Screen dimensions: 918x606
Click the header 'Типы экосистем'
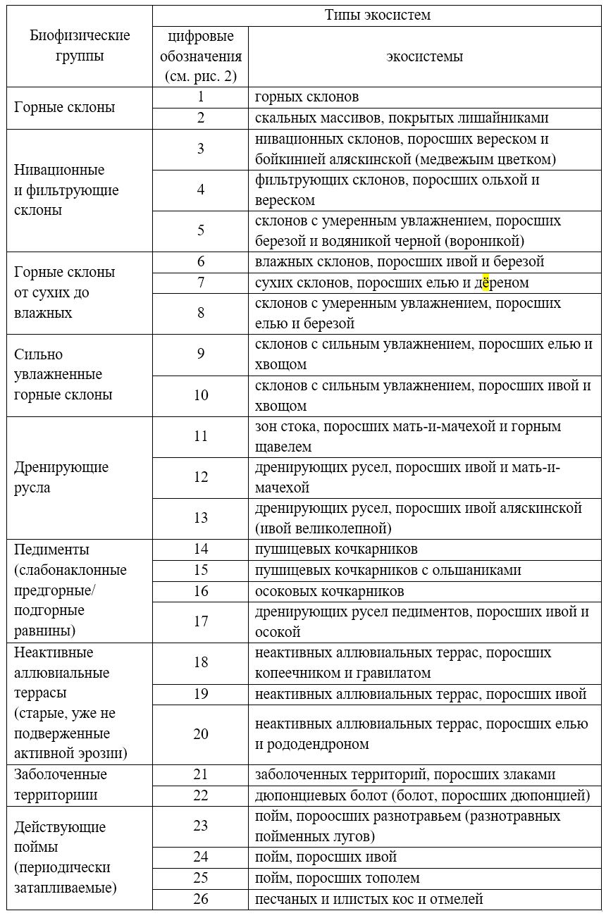pos(377,15)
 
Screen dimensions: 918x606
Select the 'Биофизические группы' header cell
pos(80,46)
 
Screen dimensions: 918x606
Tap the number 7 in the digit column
pos(201,283)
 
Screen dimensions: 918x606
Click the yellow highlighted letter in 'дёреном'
pos(486,283)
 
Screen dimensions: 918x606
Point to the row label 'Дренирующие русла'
pos(61,477)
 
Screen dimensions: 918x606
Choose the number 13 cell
pos(201,518)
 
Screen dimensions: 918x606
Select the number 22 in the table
pos(201,795)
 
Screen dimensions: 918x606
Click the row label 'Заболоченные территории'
pos(61,785)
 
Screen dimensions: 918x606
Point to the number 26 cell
pos(201,898)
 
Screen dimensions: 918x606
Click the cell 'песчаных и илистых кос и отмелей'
pos(369,898)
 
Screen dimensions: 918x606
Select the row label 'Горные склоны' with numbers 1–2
pos(64,108)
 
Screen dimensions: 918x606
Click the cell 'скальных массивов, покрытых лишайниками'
pos(401,118)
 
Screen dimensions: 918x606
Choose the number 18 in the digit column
pos(201,662)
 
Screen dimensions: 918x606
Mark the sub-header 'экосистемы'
pos(424,56)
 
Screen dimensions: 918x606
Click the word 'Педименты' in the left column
pos(51,550)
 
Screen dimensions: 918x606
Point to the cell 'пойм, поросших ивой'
pos(326,857)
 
